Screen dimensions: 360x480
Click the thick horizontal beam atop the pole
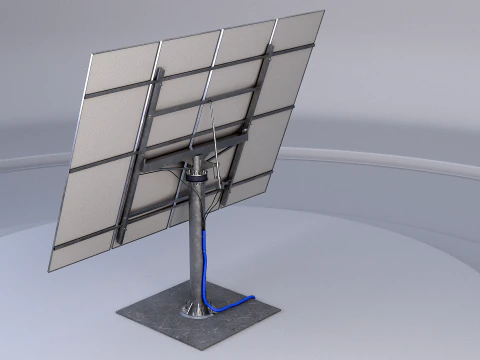click(x=190, y=150)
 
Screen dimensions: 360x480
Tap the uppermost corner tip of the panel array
click(x=323, y=12)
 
